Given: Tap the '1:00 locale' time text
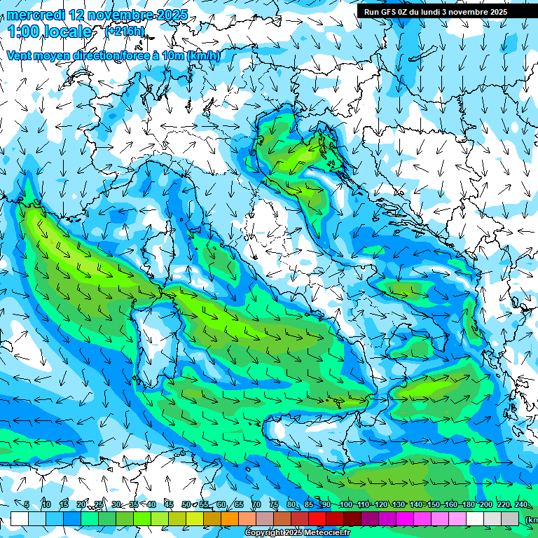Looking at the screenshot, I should click(x=50, y=32).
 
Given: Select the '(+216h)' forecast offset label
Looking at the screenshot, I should click(x=125, y=32).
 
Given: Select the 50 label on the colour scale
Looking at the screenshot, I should click(x=186, y=505).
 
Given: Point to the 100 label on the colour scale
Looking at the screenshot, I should click(x=345, y=505).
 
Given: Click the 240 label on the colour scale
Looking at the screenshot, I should click(x=521, y=505).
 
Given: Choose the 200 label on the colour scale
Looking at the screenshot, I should click(x=485, y=505).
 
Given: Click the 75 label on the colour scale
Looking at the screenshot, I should click(x=274, y=505).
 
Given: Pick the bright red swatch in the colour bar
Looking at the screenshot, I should click(x=317, y=518).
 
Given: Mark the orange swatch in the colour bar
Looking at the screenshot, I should click(x=230, y=518).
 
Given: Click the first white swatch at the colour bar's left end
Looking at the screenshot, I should click(x=19, y=518).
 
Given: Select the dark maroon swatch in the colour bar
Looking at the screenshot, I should click(x=352, y=518).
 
